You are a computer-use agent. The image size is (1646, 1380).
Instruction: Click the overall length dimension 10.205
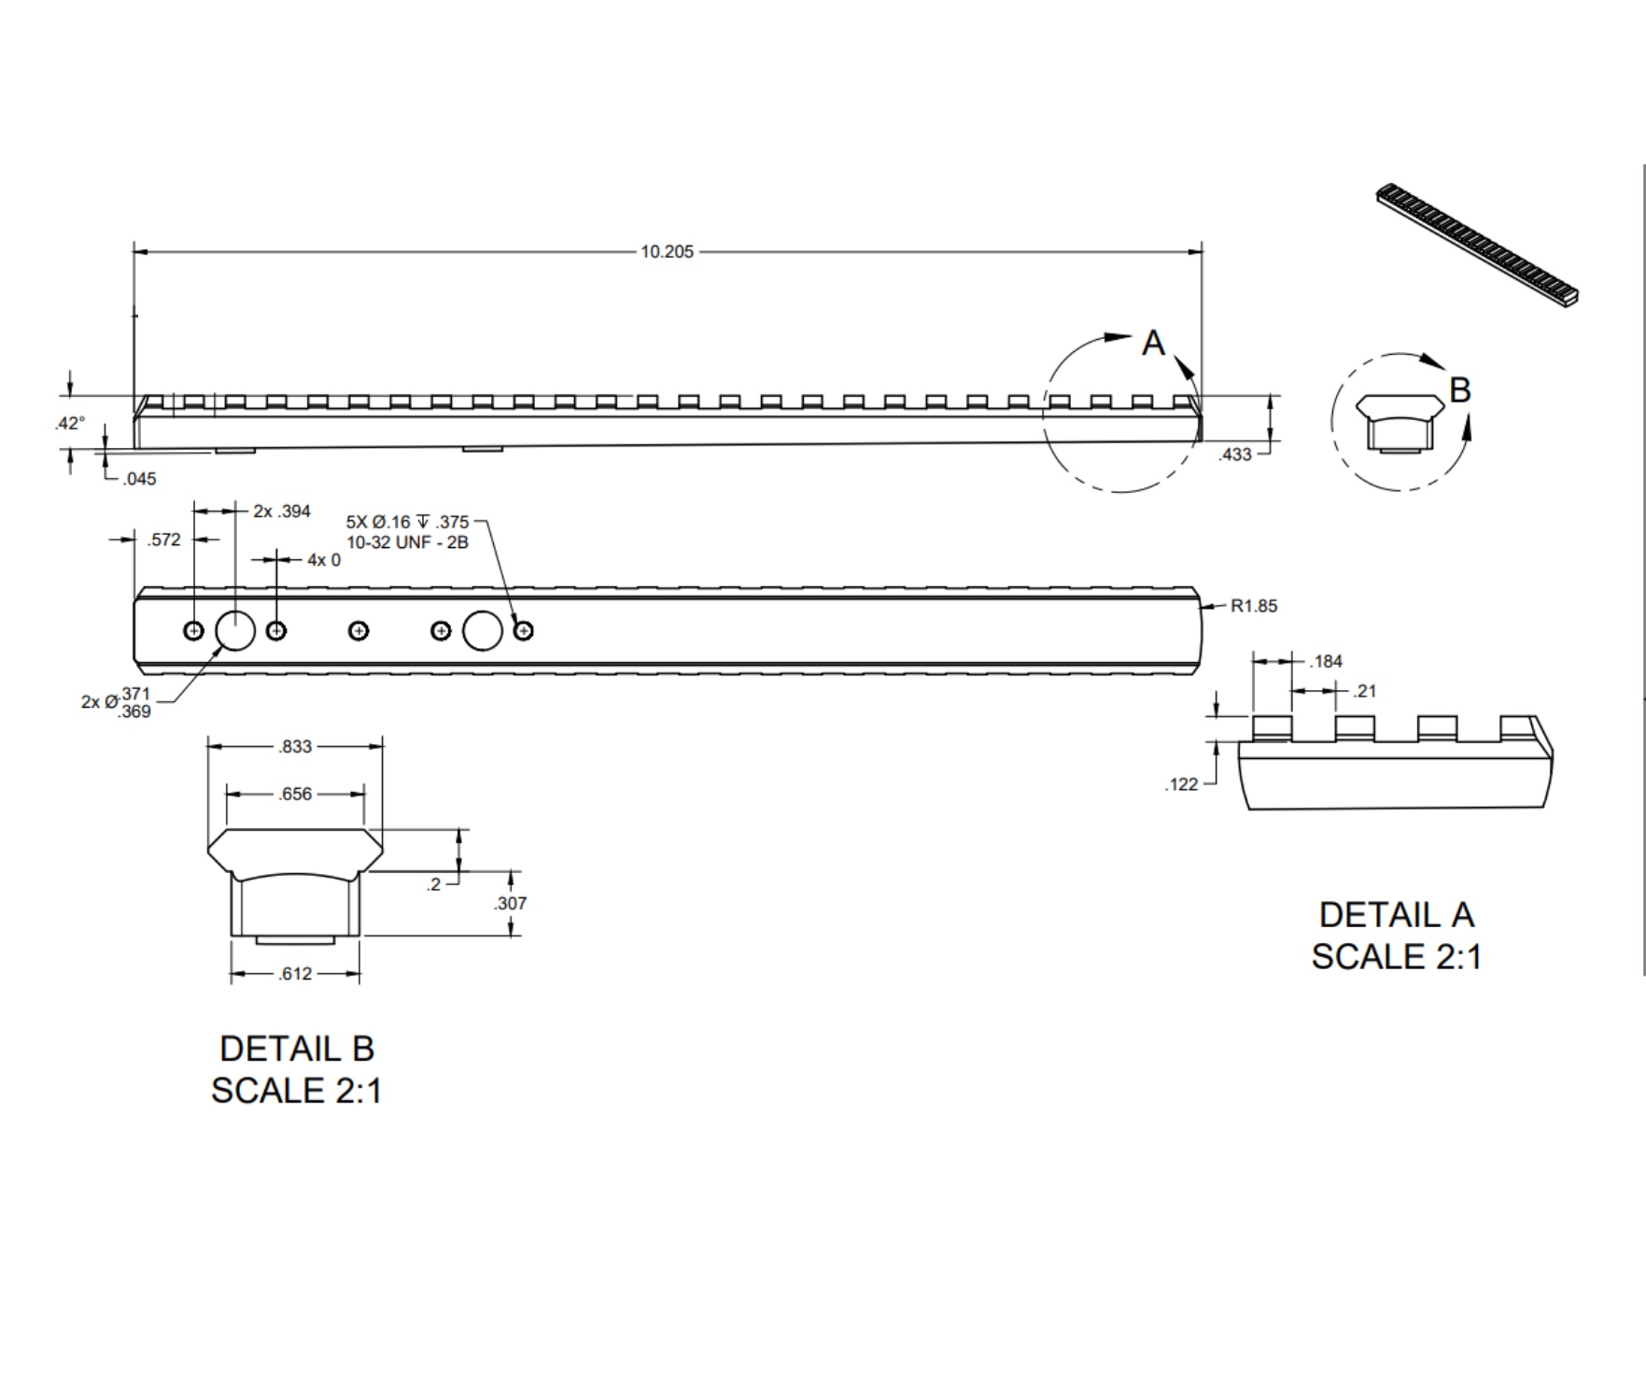pos(667,252)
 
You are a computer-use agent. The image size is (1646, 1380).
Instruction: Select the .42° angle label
pos(69,423)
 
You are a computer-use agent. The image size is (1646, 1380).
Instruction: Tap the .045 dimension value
pos(139,479)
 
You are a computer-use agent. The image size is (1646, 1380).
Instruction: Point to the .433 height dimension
pos(1235,455)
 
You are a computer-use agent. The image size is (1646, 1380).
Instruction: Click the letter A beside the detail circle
pos(1153,344)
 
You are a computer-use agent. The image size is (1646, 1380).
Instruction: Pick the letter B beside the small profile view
pos(1460,390)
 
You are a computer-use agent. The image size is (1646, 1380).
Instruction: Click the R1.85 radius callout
pos(1253,606)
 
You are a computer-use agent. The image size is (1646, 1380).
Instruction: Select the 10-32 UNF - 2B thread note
pos(407,542)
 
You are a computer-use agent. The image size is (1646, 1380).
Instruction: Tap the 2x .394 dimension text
pos(282,512)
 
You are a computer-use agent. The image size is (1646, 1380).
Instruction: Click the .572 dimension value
pos(163,540)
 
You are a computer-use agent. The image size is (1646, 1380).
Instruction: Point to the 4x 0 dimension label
pos(324,560)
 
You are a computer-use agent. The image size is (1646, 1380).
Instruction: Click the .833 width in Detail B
pos(295,746)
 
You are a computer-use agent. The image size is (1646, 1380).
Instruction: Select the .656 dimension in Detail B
pos(295,795)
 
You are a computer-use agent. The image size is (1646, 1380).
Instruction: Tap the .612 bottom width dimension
pos(295,974)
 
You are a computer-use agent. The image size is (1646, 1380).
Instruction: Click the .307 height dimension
pos(510,903)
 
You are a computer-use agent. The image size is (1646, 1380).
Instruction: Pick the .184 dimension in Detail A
pos(1326,662)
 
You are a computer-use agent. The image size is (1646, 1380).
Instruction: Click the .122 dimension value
pos(1181,784)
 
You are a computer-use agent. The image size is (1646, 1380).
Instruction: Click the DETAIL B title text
pos(297,1049)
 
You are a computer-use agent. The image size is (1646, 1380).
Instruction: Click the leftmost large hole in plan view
pos(235,631)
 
